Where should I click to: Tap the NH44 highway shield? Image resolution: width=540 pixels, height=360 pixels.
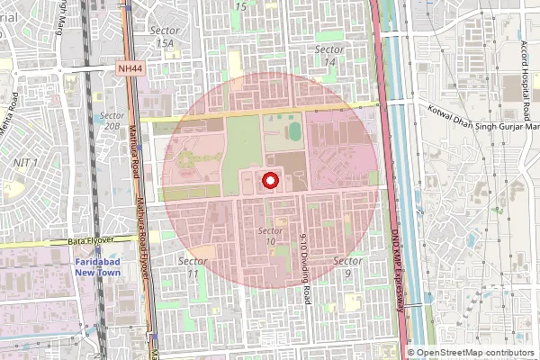pyautogui.click(x=130, y=68)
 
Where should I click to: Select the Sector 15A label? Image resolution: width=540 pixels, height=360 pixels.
pyautogui.click(x=165, y=37)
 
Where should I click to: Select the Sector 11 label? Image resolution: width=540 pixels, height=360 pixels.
pyautogui.click(x=193, y=266)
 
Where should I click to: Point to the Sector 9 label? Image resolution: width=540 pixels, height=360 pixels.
pyautogui.click(x=347, y=266)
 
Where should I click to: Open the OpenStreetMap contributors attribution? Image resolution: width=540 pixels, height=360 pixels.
pyautogui.click(x=474, y=353)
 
